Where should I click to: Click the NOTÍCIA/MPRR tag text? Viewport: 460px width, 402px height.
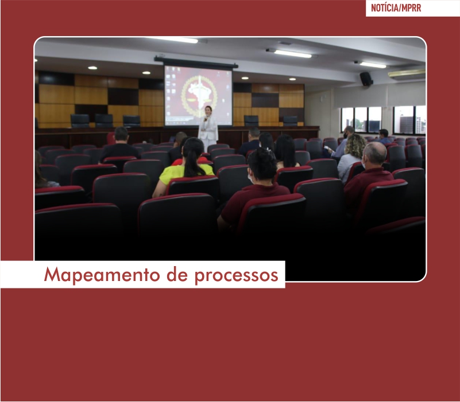click(x=396, y=8)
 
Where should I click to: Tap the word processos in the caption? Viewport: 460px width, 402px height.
click(x=237, y=276)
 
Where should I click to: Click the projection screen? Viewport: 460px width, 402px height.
click(x=198, y=96)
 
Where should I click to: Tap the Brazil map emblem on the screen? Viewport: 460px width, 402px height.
click(x=199, y=94)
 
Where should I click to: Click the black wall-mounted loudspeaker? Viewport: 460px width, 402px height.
click(x=366, y=79)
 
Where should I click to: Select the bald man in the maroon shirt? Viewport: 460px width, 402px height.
click(x=370, y=176)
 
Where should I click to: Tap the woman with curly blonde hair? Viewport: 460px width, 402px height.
click(x=353, y=156)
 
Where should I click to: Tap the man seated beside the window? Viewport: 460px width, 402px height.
click(x=383, y=136)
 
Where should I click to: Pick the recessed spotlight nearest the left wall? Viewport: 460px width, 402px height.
click(x=92, y=68)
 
